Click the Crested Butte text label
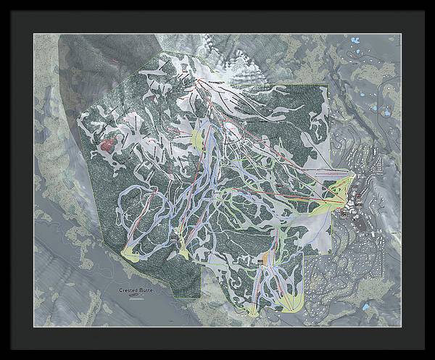click(136, 289)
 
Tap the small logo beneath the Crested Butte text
click(133, 295)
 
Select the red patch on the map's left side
click(107, 145)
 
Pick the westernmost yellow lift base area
click(131, 253)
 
